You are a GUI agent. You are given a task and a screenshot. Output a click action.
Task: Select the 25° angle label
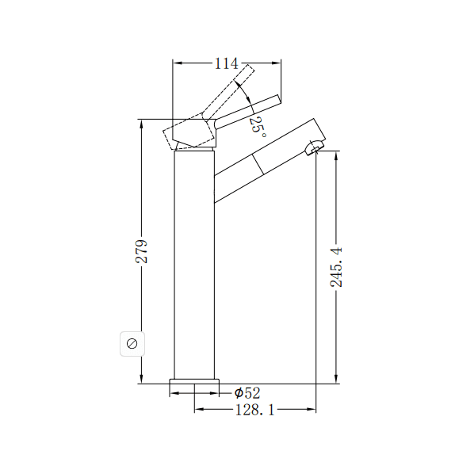coord(257,125)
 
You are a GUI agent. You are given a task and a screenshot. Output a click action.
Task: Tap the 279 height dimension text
coord(142,252)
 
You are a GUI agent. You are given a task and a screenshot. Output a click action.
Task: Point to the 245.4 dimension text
coord(337,266)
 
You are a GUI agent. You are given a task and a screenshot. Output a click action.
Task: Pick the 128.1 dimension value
coord(254,409)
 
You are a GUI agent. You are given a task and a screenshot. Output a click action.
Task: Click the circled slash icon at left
coord(132,343)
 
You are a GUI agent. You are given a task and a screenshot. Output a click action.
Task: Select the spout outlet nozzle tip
coord(314,147)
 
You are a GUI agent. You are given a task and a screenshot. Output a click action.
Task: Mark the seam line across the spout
coord(258,165)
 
